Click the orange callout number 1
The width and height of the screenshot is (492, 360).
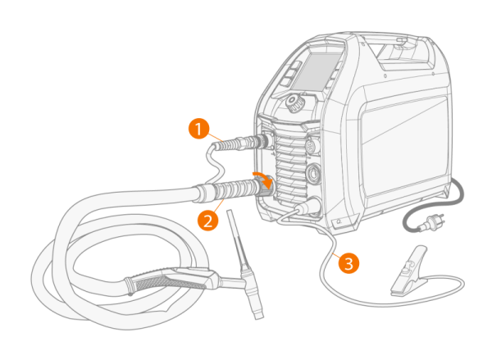[x=198, y=129]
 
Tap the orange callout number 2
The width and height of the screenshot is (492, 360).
[x=208, y=221]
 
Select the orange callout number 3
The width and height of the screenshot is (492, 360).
[x=348, y=263]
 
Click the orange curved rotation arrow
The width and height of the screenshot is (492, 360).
[x=262, y=180]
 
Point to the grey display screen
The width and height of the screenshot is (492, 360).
[x=316, y=71]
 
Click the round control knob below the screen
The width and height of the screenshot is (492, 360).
[x=295, y=103]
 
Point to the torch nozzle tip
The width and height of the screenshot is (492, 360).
[x=258, y=314]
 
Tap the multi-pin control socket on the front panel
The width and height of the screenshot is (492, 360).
[x=312, y=145]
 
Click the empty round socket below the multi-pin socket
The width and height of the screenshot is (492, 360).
[x=313, y=173]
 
